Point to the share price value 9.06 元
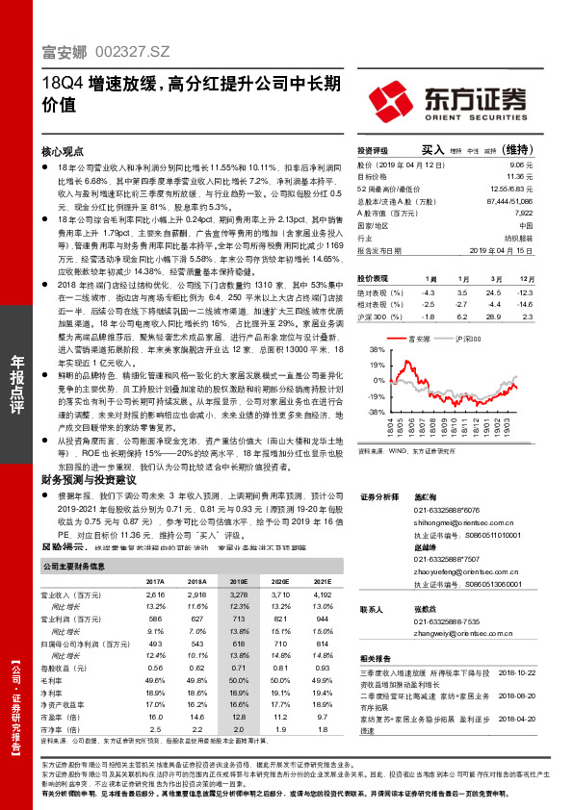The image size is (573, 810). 524,166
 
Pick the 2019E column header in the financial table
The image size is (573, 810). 240,582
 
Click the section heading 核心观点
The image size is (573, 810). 64,152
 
